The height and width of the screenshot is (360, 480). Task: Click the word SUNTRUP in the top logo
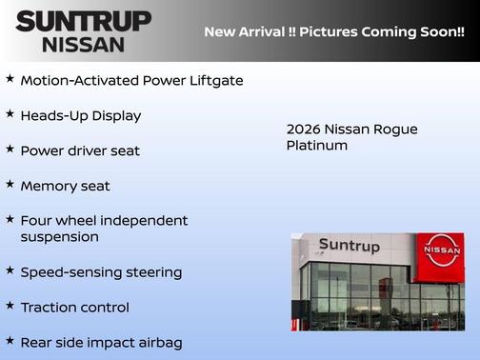tap(83, 20)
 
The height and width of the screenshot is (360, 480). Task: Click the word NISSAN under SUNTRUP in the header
tap(83, 44)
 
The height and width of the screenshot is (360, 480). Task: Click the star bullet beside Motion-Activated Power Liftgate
tap(10, 78)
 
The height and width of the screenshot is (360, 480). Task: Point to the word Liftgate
tap(216, 81)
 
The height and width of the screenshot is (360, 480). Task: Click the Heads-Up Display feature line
tap(81, 116)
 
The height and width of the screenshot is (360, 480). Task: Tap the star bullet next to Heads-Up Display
tap(10, 113)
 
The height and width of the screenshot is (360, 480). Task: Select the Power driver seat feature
tap(80, 151)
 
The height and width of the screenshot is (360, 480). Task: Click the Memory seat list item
tap(65, 187)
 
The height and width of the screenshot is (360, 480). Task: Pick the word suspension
tap(59, 237)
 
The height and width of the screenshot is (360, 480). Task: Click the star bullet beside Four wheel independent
tap(10, 218)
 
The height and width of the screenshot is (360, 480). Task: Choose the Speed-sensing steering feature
tap(101, 272)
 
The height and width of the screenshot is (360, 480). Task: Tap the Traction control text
tap(74, 308)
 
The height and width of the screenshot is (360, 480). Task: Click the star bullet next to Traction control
tap(10, 305)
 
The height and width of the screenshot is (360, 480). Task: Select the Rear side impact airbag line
tap(101, 343)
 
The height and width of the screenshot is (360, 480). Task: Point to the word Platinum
tap(316, 146)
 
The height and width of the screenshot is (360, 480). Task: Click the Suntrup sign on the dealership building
tap(349, 247)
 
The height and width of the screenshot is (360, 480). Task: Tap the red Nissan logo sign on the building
tap(441, 250)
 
